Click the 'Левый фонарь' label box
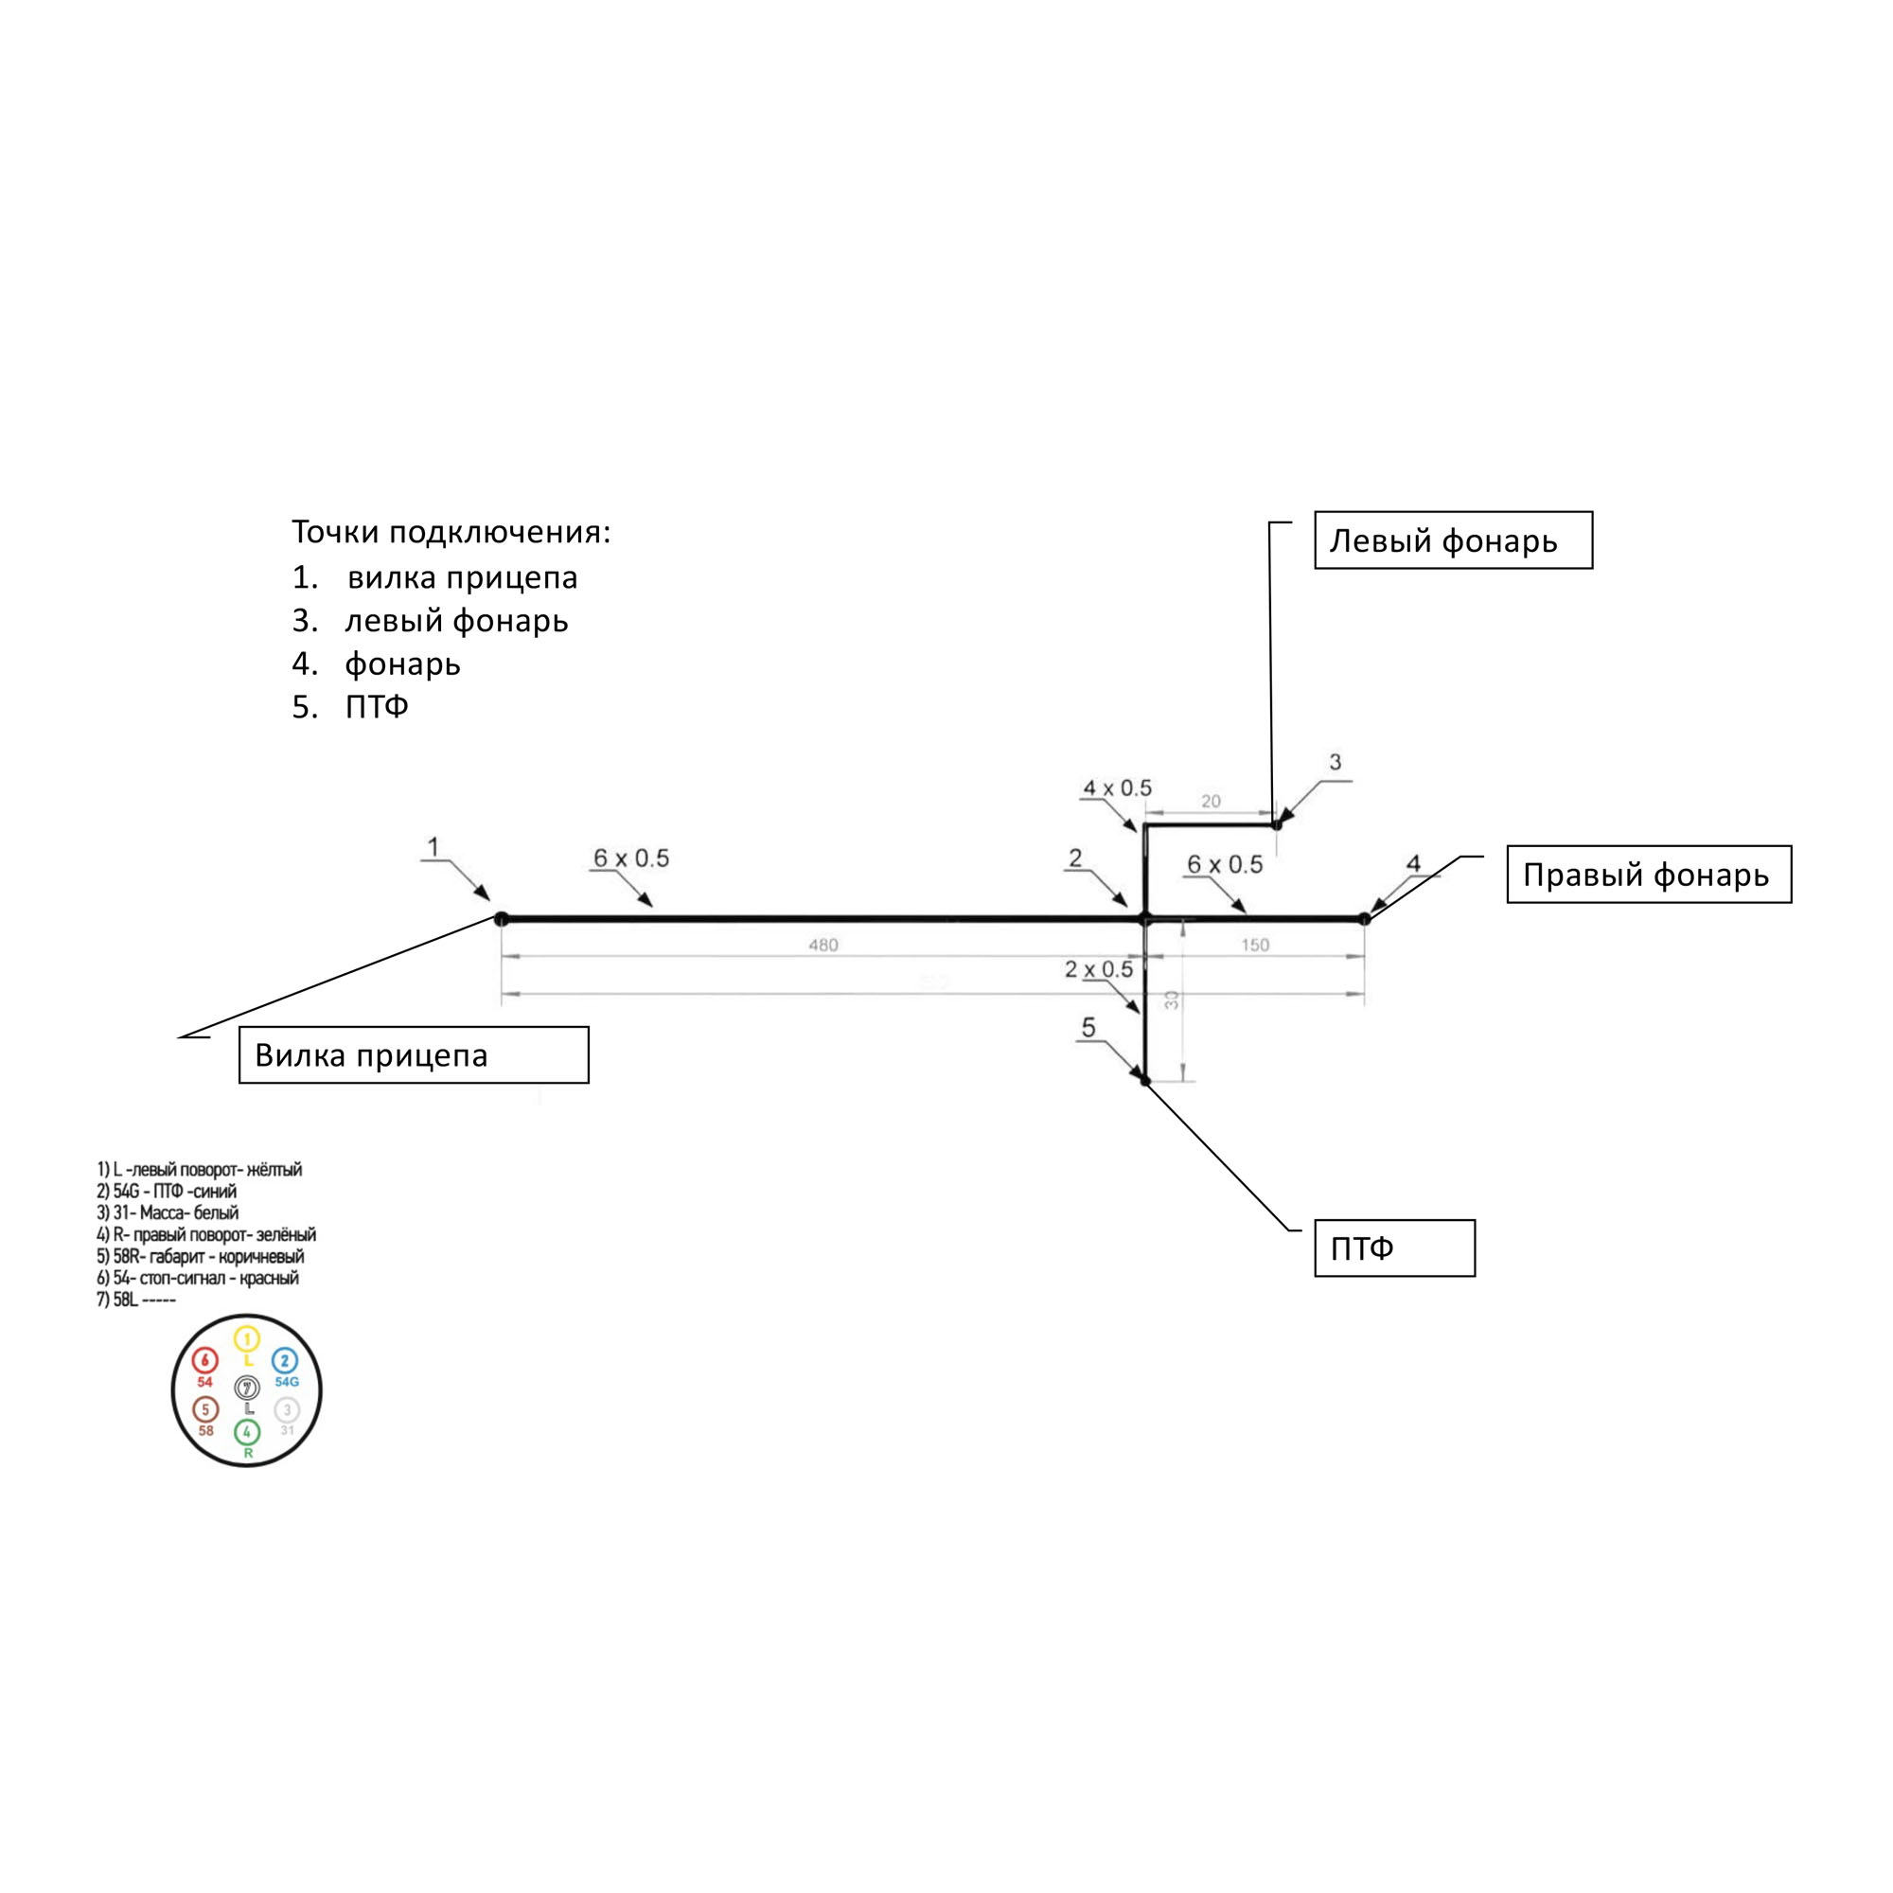[1452, 540]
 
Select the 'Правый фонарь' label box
[1648, 874]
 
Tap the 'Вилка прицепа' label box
[414, 1055]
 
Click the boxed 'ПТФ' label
[1393, 1248]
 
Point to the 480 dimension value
[823, 946]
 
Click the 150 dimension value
[1254, 946]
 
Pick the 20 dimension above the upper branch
[1212, 802]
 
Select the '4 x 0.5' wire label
[1117, 787]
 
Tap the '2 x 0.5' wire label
[1098, 969]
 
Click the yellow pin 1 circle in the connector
[247, 1338]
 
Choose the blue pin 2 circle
[285, 1361]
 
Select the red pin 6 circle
[204, 1361]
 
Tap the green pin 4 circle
[247, 1432]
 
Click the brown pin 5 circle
[205, 1410]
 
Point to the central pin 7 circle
[247, 1388]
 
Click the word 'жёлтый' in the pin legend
[274, 1169]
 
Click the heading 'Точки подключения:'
[451, 532]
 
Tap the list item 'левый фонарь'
[456, 620]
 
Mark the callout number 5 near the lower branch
[1088, 1027]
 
